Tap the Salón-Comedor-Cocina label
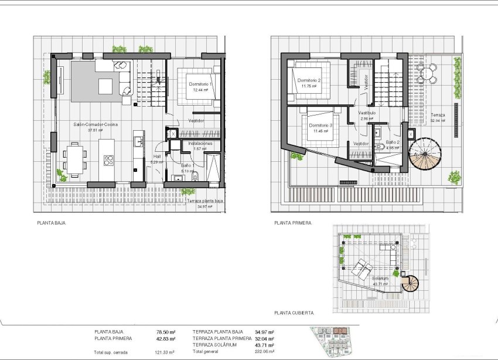point(94,125)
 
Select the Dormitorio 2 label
point(309,80)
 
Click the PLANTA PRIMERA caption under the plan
point(293,223)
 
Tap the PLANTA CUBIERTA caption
point(294,313)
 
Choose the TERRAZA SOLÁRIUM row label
point(217,345)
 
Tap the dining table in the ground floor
point(76,159)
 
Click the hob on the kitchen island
point(109,159)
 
